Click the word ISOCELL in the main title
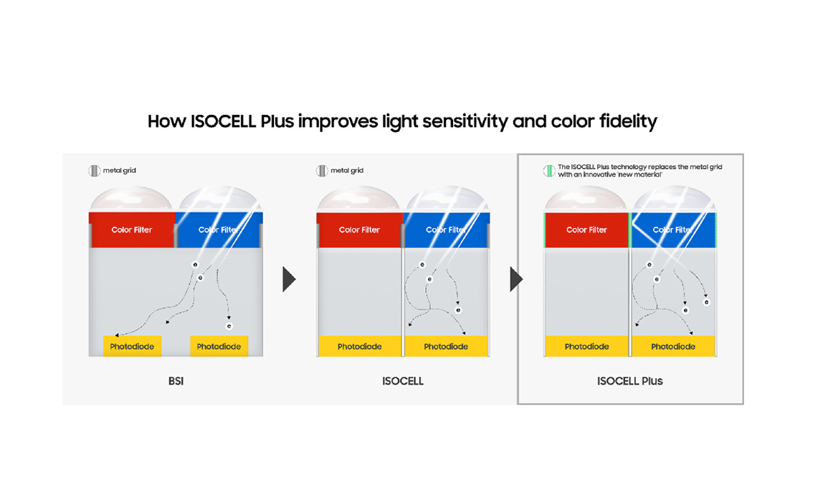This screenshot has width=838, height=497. pyautogui.click(x=223, y=121)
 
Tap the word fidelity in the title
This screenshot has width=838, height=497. pyautogui.click(x=628, y=122)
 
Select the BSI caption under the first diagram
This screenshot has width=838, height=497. pyautogui.click(x=176, y=381)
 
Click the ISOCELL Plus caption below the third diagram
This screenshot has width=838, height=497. pyautogui.click(x=629, y=381)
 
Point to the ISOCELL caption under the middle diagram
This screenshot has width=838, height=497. pyautogui.click(x=402, y=381)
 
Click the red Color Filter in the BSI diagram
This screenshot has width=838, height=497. pyautogui.click(x=132, y=229)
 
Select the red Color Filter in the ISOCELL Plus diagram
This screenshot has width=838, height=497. pyautogui.click(x=587, y=229)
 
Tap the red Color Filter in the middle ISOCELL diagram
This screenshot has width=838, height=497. pyautogui.click(x=359, y=229)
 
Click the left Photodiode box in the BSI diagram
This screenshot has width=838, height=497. pyautogui.click(x=132, y=346)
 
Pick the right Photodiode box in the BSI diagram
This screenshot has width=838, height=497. pyautogui.click(x=219, y=346)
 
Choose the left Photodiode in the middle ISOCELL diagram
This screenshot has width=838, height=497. pyautogui.click(x=360, y=346)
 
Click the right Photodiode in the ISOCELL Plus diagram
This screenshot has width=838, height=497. pyautogui.click(x=673, y=346)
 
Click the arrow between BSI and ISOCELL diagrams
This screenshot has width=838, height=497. pyautogui.click(x=289, y=279)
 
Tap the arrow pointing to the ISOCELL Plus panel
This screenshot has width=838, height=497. pyautogui.click(x=515, y=279)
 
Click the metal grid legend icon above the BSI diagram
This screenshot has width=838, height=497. pyautogui.click(x=95, y=171)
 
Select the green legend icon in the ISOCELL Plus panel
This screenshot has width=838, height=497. pyautogui.click(x=549, y=171)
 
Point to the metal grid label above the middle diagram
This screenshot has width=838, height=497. pyautogui.click(x=347, y=171)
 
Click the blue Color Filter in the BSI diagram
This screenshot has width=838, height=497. pyautogui.click(x=219, y=229)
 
